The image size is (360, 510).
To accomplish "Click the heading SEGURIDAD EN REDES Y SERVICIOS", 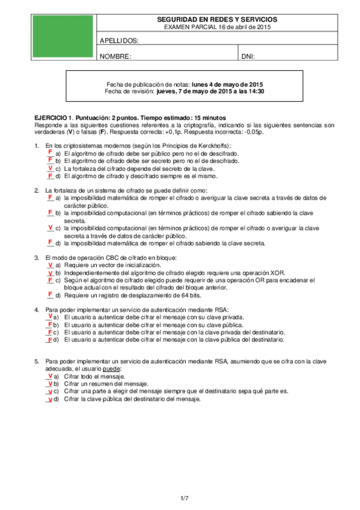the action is [217, 20].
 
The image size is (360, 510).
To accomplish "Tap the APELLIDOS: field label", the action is [119, 41].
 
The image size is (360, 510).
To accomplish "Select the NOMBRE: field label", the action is [115, 57].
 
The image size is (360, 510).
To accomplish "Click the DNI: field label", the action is [248, 57].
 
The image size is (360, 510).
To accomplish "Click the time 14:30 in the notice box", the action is [257, 91].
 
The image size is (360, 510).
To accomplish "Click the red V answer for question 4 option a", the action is [49, 316].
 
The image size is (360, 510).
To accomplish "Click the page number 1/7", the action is [185, 498].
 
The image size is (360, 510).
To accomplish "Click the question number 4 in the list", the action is [37, 310].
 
